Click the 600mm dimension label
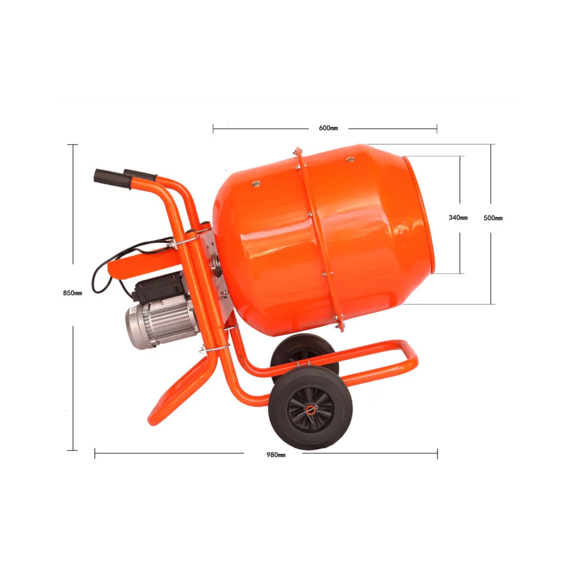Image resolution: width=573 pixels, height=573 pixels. tap(328, 128)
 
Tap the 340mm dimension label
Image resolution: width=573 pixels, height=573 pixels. tap(458, 218)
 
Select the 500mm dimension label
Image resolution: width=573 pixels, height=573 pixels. tap(493, 218)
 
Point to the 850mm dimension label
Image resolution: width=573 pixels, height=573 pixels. tap(73, 293)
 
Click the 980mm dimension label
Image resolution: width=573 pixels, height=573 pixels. tap(276, 454)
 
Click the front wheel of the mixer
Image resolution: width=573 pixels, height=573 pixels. tap(310, 410)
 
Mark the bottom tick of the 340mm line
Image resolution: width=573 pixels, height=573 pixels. tap(460, 273)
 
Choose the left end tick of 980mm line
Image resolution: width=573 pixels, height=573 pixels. tap(95, 454)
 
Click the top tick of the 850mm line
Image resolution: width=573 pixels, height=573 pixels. tap(72, 144)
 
